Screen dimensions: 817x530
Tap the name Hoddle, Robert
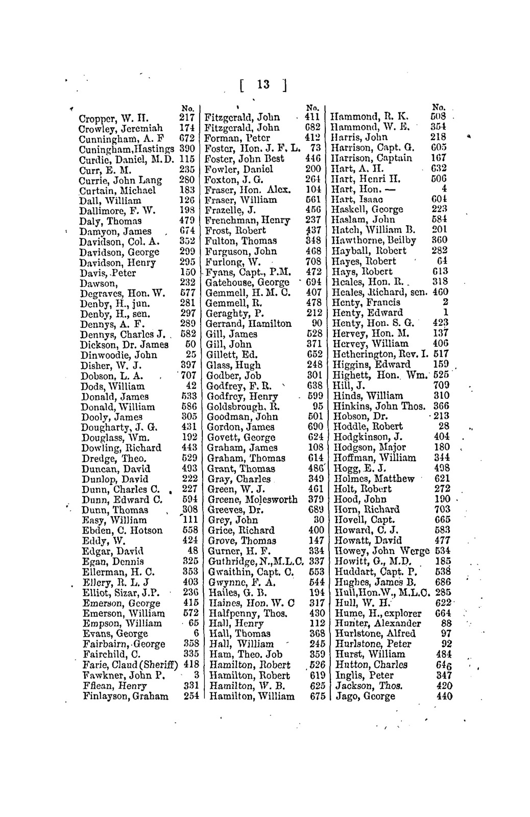(x=368, y=426)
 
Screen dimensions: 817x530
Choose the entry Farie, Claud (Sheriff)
(x=130, y=665)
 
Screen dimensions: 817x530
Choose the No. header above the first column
(x=188, y=108)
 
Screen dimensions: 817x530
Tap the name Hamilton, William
(x=252, y=696)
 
